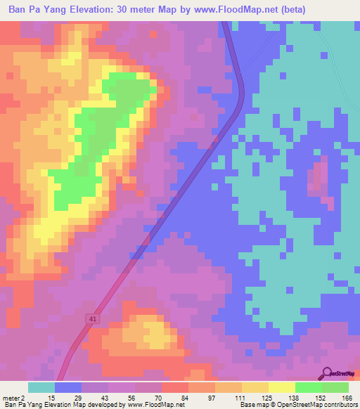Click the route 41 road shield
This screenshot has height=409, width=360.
pos(93,318)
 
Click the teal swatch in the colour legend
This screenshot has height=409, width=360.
pos(41,387)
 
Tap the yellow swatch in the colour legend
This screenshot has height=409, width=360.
pos(281,387)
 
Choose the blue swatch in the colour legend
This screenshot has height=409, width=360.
pos(68,387)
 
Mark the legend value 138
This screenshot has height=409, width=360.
pos(293,397)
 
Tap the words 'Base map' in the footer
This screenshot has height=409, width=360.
pos(253,404)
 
